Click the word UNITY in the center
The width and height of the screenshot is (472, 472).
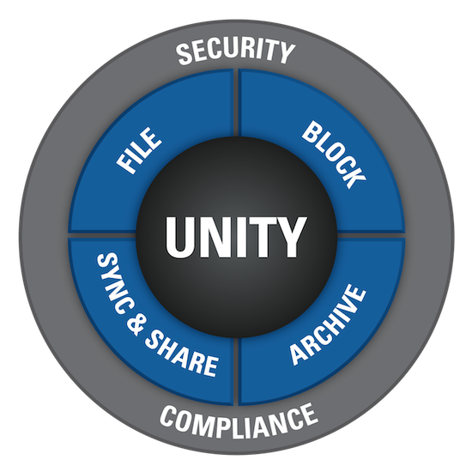coord(236,237)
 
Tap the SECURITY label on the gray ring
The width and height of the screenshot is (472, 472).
coord(235,51)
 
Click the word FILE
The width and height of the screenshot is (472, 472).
coord(139,150)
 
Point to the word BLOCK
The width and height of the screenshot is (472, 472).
coord(334,154)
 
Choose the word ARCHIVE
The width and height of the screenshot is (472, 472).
coord(328,324)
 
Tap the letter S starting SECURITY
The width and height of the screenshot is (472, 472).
coord(185,54)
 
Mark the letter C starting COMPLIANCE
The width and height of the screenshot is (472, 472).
coord(169,415)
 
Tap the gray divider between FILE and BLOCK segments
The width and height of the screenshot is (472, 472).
coord(236,103)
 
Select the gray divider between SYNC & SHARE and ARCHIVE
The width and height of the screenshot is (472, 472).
coord(236,371)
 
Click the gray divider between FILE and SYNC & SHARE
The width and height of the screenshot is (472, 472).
coord(102,235)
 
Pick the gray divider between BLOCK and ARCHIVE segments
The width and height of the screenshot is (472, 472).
coord(371,235)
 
